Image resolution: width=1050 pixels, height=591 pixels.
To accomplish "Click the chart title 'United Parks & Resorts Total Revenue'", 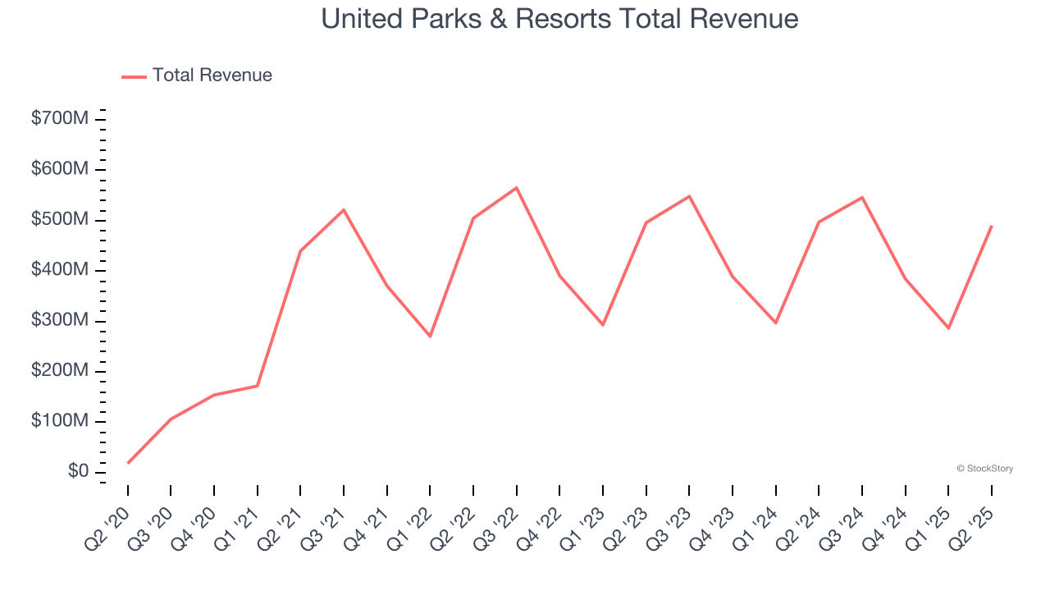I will pos(559,19).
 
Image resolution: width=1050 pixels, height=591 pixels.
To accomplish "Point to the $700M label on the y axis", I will pos(60,119).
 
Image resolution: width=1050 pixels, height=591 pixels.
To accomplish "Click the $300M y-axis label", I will pos(60,321).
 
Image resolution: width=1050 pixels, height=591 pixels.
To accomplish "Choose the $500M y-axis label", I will pos(60,220).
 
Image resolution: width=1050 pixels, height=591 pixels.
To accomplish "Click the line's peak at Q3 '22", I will pos(517,188).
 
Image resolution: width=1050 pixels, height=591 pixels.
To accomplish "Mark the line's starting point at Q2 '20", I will pos(128,463).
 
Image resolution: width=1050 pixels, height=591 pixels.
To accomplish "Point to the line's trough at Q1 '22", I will pos(430,337).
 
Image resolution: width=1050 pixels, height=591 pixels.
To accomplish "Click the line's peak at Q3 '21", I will pos(344,209).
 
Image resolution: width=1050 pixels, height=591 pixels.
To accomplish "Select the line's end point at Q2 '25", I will pos(992,226).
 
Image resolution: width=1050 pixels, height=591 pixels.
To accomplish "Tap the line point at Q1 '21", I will pos(258,386).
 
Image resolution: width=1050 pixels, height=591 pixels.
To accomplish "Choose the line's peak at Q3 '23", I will pos(689,196).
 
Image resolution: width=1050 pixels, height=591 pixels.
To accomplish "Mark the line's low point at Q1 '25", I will pos(948,328).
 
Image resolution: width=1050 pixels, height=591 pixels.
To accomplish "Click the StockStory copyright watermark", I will pos(984,469).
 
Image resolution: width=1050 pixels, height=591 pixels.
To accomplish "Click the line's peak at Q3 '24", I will pos(862,197).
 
